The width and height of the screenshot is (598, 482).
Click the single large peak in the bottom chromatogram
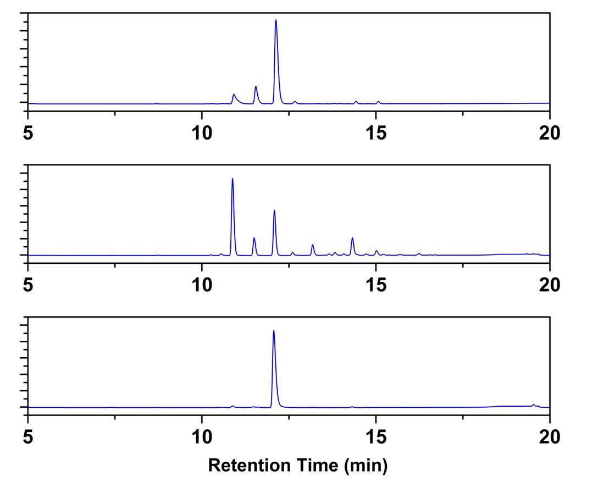click(274, 332)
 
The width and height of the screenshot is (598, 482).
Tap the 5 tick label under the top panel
click(28, 133)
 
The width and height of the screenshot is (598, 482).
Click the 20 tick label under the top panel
click(550, 133)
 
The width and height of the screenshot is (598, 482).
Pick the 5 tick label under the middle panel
click(28, 285)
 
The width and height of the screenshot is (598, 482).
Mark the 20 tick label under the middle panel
click(550, 285)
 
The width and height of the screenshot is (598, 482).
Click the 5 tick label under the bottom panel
click(28, 436)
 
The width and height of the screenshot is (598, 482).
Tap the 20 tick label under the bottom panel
click(550, 436)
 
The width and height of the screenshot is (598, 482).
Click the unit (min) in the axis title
click(366, 466)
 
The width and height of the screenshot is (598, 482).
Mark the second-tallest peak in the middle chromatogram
click(274, 212)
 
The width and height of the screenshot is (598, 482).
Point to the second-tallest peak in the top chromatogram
click(256, 87)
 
